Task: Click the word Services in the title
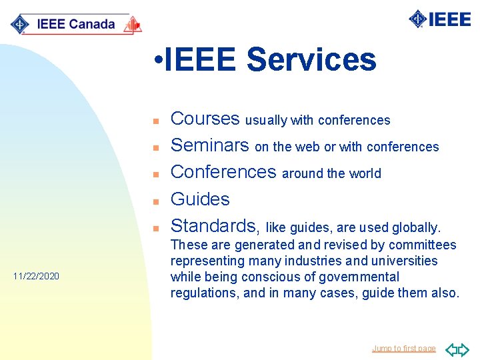[x=311, y=60]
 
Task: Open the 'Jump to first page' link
[x=403, y=349]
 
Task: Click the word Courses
[x=205, y=119]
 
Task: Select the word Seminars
[x=210, y=145]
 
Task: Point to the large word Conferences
[x=223, y=172]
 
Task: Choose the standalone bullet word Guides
[x=200, y=199]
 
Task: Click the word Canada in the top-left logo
[x=92, y=25]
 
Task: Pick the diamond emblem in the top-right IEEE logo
[x=418, y=19]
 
